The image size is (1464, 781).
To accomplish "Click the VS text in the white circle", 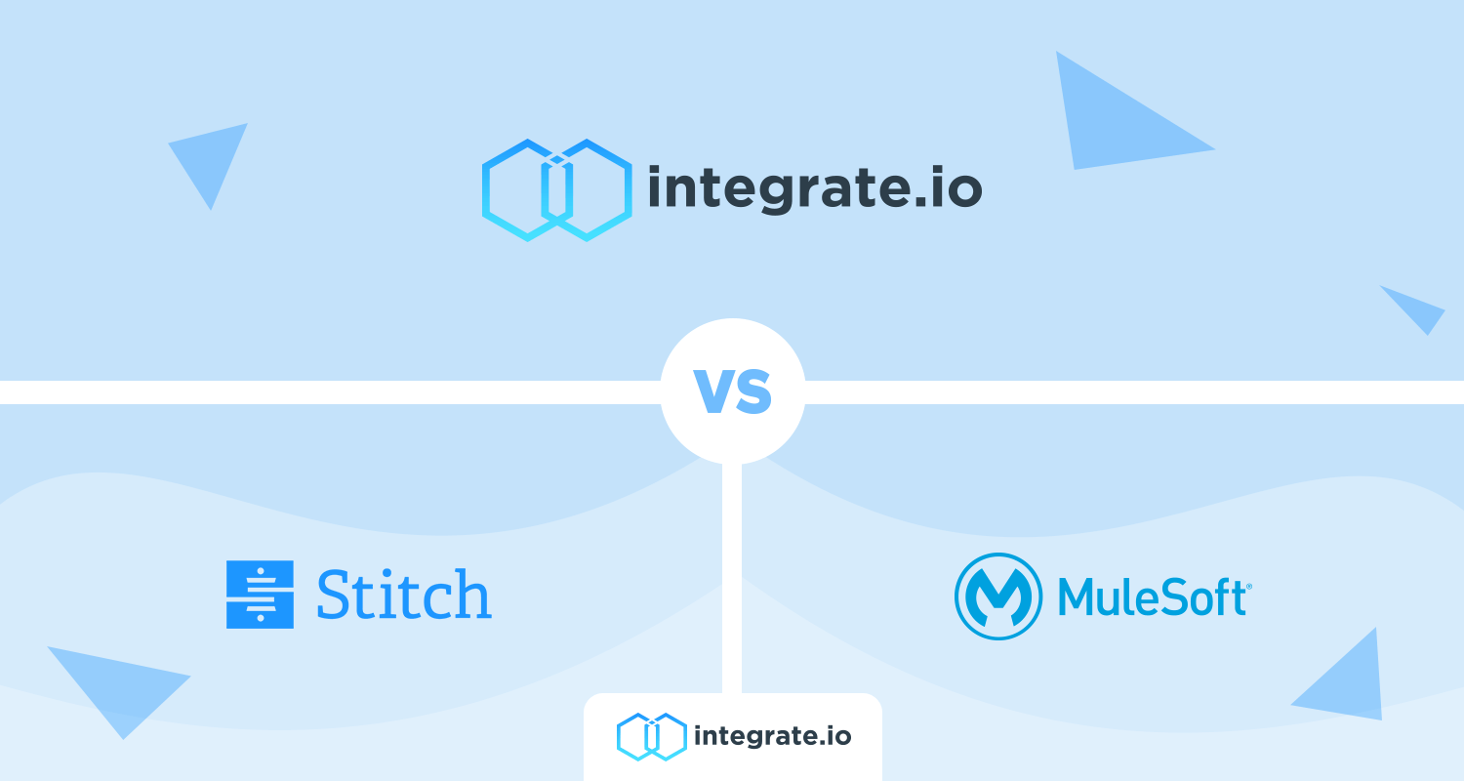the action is coord(733,391).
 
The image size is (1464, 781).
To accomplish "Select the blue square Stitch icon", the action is coord(260,595).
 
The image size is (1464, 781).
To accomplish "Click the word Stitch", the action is coord(404,595).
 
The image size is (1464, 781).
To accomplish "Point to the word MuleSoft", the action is coord(1153,596).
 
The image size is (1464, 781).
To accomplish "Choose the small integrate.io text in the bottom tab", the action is coord(773,736).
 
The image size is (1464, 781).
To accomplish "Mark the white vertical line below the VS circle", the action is coord(732,578).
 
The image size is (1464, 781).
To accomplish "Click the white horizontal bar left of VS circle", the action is coord(330,392).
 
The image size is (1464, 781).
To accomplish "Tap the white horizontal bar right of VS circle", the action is coord(1134,392).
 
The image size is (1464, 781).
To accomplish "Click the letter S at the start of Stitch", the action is coord(335,595).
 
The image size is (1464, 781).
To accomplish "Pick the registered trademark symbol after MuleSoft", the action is coord(1249,587).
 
